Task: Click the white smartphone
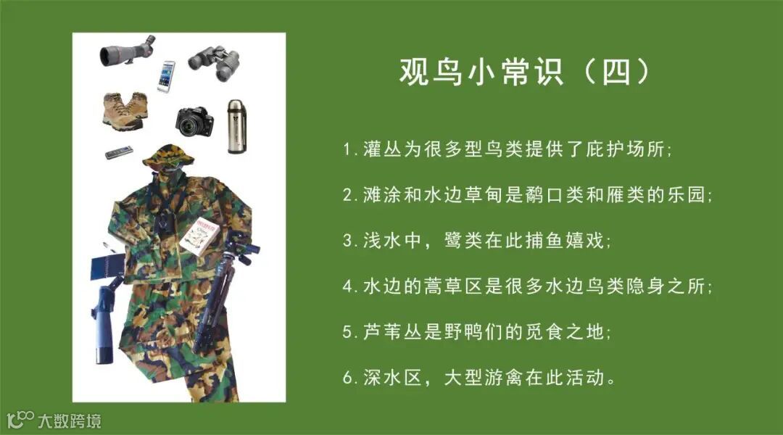pos(166,76)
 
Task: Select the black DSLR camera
pos(194,122)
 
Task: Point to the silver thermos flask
pos(236,126)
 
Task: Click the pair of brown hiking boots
pos(125,111)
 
